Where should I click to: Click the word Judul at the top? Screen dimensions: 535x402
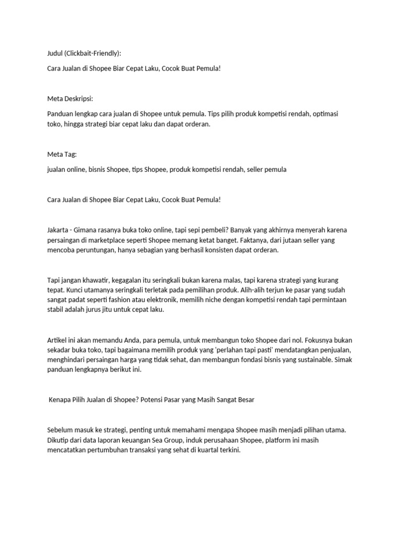[x=55, y=53]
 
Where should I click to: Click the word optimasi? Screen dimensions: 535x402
[x=330, y=113]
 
